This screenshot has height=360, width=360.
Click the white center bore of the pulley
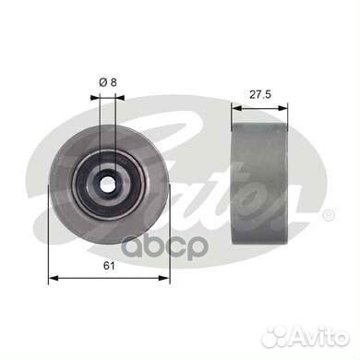pyautogui.click(x=106, y=183)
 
